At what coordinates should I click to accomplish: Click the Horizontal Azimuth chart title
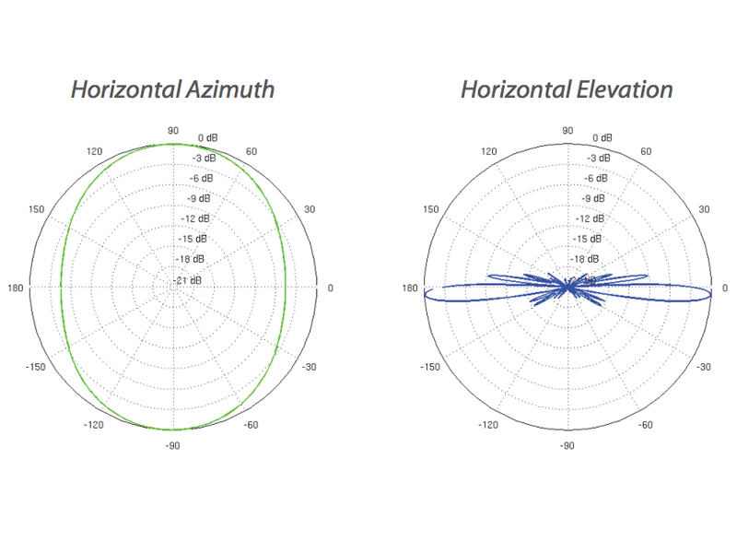pos(172,89)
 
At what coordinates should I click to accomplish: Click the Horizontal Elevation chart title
pos(567,89)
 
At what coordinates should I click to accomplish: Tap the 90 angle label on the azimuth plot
pos(173,131)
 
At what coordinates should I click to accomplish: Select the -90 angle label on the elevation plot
pos(567,445)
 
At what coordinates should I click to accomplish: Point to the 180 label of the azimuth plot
pos(15,288)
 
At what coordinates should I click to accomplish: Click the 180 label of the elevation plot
pos(409,288)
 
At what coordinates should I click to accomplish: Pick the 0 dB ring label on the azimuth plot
pos(208,137)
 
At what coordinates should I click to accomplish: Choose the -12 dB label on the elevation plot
pos(591,218)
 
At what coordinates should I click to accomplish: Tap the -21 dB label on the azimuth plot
pos(187,280)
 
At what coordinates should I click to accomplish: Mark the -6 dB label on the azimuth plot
pos(201,178)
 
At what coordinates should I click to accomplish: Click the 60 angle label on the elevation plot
pos(646,151)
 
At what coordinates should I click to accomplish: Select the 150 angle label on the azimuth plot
pos(36,209)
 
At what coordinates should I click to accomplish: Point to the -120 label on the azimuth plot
pos(94,425)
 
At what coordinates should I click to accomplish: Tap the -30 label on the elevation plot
pos(703,367)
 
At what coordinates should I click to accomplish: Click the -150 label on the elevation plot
pos(430,367)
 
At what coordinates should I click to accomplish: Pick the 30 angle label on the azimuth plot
pos(310,209)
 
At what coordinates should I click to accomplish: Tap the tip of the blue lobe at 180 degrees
pos(425,295)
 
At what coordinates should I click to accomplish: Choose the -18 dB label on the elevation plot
pos(585,259)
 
